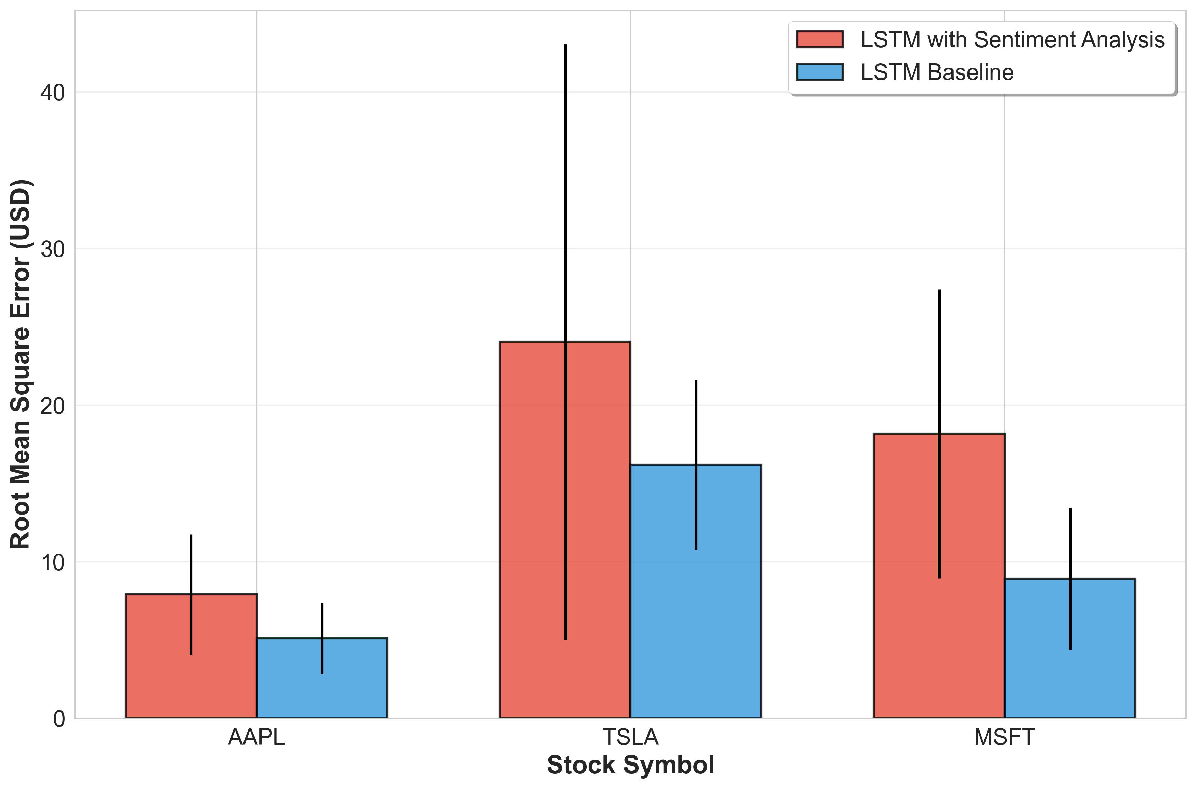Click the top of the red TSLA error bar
pyautogui.click(x=565, y=45)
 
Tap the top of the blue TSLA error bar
pyautogui.click(x=696, y=381)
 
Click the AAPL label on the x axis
pyautogui.click(x=256, y=738)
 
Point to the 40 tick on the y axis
pyautogui.click(x=53, y=93)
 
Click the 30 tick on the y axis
pyautogui.click(x=53, y=249)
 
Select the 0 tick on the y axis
pyautogui.click(x=60, y=719)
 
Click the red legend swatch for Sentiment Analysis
pyautogui.click(x=820, y=39)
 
